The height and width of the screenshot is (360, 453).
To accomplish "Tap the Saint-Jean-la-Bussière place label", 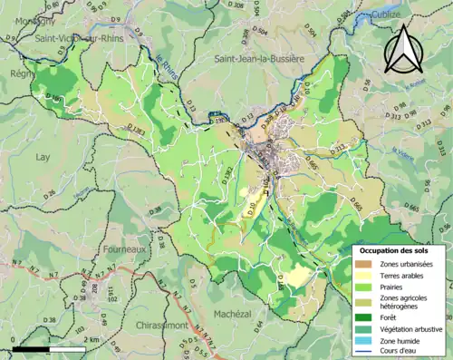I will point(257,59).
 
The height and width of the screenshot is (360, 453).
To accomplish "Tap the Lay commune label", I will point(42,156).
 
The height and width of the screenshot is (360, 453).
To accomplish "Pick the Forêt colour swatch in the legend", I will point(368,317).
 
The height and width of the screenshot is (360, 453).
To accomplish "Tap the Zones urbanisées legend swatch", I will point(368,264).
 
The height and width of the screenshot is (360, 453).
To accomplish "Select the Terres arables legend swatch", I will point(368,277).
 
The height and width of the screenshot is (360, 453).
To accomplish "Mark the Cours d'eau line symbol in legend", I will point(368,354).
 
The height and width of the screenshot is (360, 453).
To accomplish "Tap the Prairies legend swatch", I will point(368,289).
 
